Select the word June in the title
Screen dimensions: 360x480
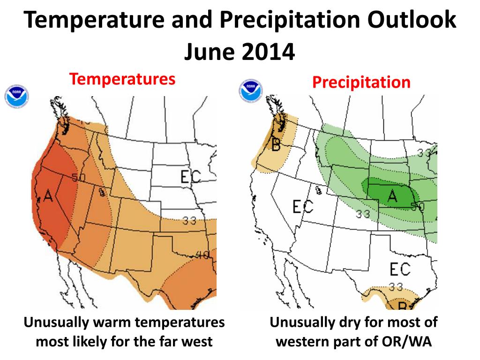210,52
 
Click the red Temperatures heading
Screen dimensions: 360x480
122,79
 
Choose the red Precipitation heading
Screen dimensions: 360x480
361,82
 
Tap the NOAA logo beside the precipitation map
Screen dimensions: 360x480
251,91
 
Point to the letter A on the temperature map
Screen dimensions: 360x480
48,195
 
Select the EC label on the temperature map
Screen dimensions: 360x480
190,177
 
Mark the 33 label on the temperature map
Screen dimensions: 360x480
189,220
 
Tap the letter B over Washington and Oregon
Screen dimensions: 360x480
276,145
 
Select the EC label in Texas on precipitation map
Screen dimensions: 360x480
400,269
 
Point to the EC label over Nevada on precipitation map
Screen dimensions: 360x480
302,206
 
